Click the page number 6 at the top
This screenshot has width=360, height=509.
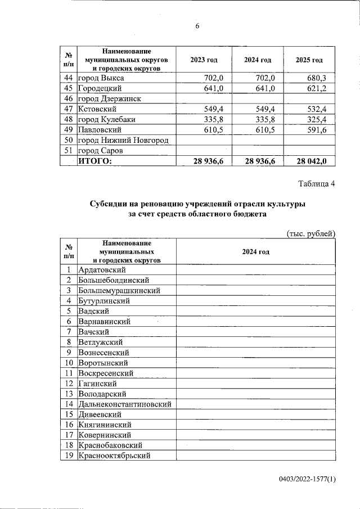point(197,26)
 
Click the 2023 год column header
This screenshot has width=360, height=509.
point(204,60)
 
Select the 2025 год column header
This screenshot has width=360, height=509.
point(309,60)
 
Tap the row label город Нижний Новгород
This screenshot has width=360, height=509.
point(124,140)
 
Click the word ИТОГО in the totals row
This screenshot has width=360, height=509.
point(95,161)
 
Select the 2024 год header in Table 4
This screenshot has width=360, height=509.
point(256,252)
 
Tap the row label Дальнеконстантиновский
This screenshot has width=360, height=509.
point(125,404)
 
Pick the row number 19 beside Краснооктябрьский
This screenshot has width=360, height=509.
point(68,456)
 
